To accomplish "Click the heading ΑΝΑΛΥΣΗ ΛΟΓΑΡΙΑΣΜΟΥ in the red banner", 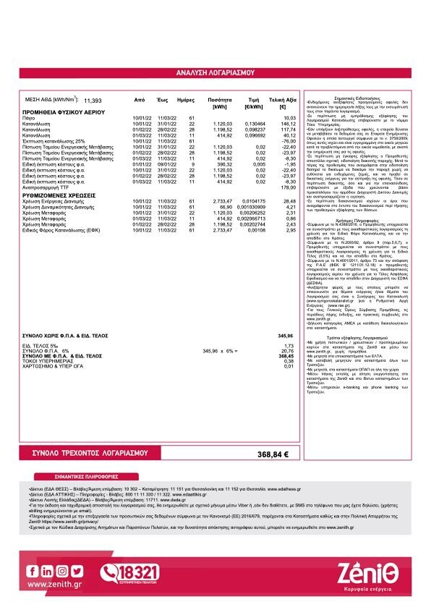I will [x=216, y=73].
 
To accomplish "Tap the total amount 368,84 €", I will [x=273, y=454].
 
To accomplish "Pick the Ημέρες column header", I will [x=186, y=99].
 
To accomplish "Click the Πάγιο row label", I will [x=29, y=118].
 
